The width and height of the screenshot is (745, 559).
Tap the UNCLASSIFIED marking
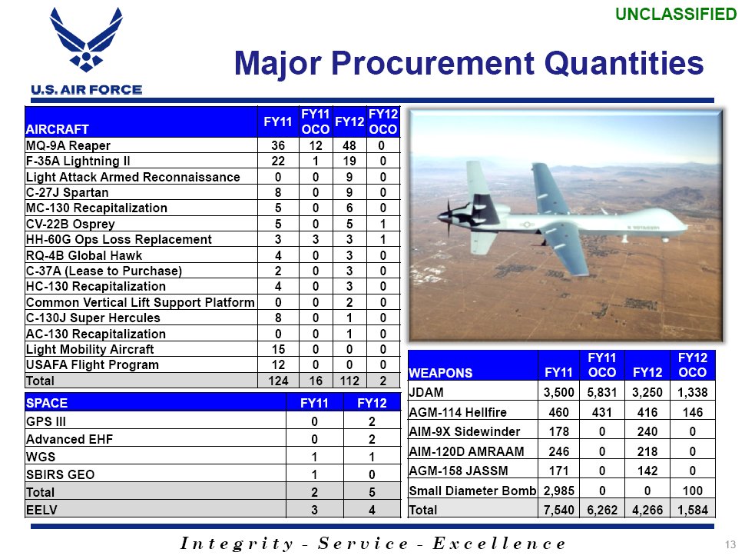[x=676, y=15]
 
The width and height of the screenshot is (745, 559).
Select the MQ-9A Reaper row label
[x=68, y=145]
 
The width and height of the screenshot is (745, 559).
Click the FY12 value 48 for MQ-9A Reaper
[x=349, y=145]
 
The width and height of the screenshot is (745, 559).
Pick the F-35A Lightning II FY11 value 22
[x=278, y=161]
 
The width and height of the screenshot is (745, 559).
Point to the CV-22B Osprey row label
[x=71, y=224]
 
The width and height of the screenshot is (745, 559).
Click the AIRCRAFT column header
[x=57, y=129]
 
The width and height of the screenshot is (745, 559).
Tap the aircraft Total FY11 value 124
[x=278, y=381]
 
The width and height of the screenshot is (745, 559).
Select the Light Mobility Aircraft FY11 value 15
[x=278, y=350]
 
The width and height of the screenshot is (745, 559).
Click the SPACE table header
[x=47, y=404]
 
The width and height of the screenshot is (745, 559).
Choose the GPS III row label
[x=46, y=422]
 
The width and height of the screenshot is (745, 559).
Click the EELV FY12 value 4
[x=372, y=510]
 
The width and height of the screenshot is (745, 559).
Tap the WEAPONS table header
[x=440, y=373]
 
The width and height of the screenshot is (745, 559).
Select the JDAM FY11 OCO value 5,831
[x=601, y=392]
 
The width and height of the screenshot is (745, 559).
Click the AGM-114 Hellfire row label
[x=458, y=412]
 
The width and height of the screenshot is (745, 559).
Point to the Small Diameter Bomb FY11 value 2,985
[x=559, y=491]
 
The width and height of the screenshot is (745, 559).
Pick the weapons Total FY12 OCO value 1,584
[x=692, y=510]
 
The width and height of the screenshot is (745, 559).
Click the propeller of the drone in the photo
[x=449, y=218]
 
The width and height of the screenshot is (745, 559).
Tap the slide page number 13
[x=730, y=544]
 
